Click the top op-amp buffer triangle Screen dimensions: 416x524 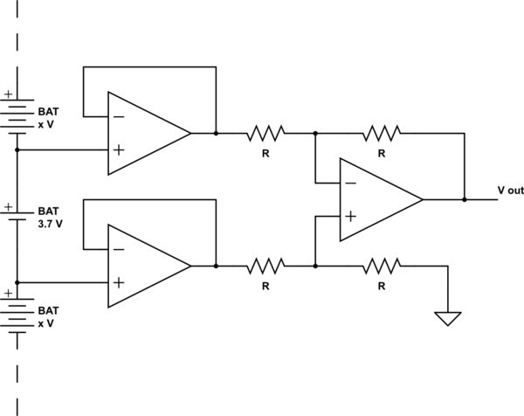click(144, 133)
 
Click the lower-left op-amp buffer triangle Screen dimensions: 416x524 click(144, 265)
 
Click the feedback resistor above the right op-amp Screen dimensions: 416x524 click(382, 134)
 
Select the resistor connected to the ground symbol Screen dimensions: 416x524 click(382, 265)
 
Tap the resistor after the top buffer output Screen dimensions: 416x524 click(265, 134)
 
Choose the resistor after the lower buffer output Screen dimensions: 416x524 click(265, 265)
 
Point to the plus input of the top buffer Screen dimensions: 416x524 click(118, 149)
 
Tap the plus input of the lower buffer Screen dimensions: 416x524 click(118, 281)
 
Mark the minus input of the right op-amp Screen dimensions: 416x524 click(350, 183)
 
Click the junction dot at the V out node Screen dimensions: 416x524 click(465, 199)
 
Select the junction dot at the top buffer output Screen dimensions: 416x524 click(216, 134)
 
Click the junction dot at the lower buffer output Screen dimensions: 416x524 click(216, 265)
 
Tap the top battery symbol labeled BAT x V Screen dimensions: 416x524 click(18, 113)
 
